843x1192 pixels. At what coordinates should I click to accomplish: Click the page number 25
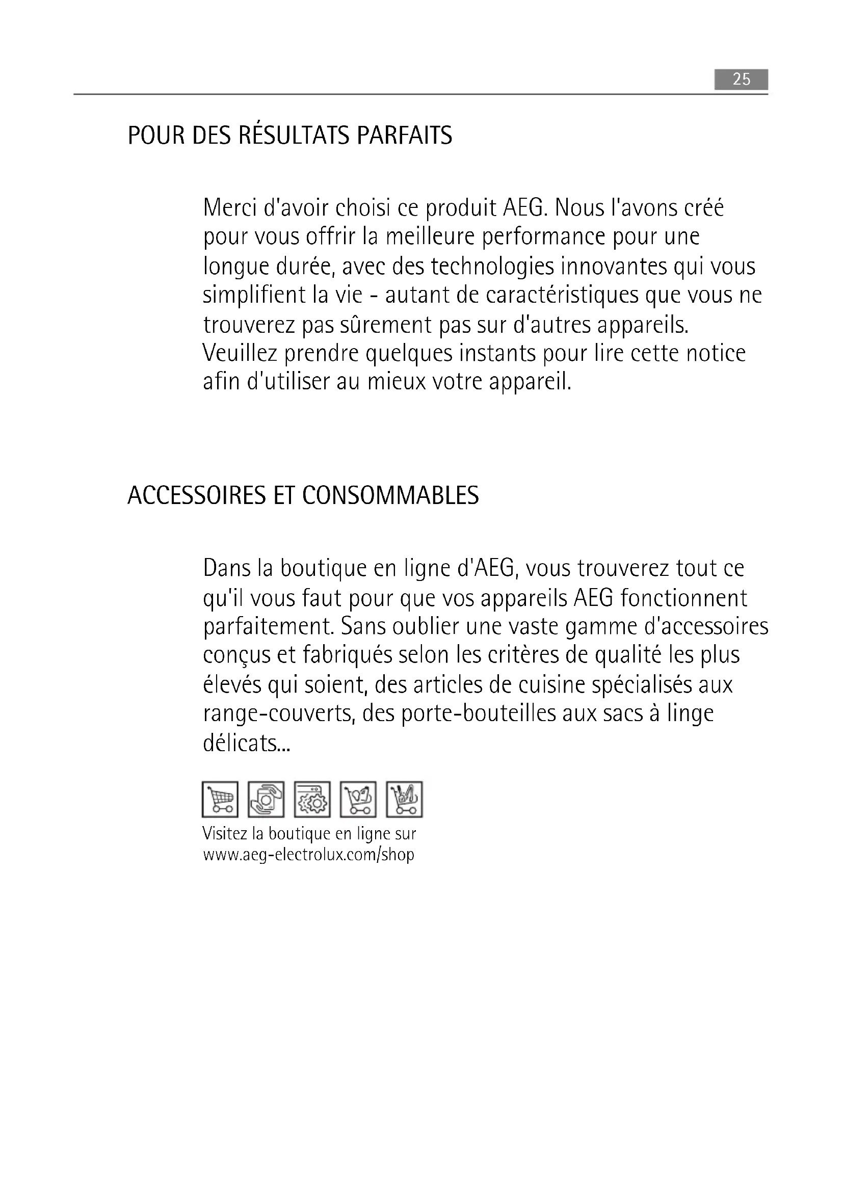741,80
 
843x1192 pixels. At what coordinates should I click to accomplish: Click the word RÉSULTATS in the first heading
294,136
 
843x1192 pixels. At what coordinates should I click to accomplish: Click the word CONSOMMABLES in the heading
390,496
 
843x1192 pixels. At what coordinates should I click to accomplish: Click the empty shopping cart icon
220,799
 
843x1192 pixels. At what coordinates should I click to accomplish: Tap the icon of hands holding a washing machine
266,799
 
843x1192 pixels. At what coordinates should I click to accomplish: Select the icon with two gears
312,799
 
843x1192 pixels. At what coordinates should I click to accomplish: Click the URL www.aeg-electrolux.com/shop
309,854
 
